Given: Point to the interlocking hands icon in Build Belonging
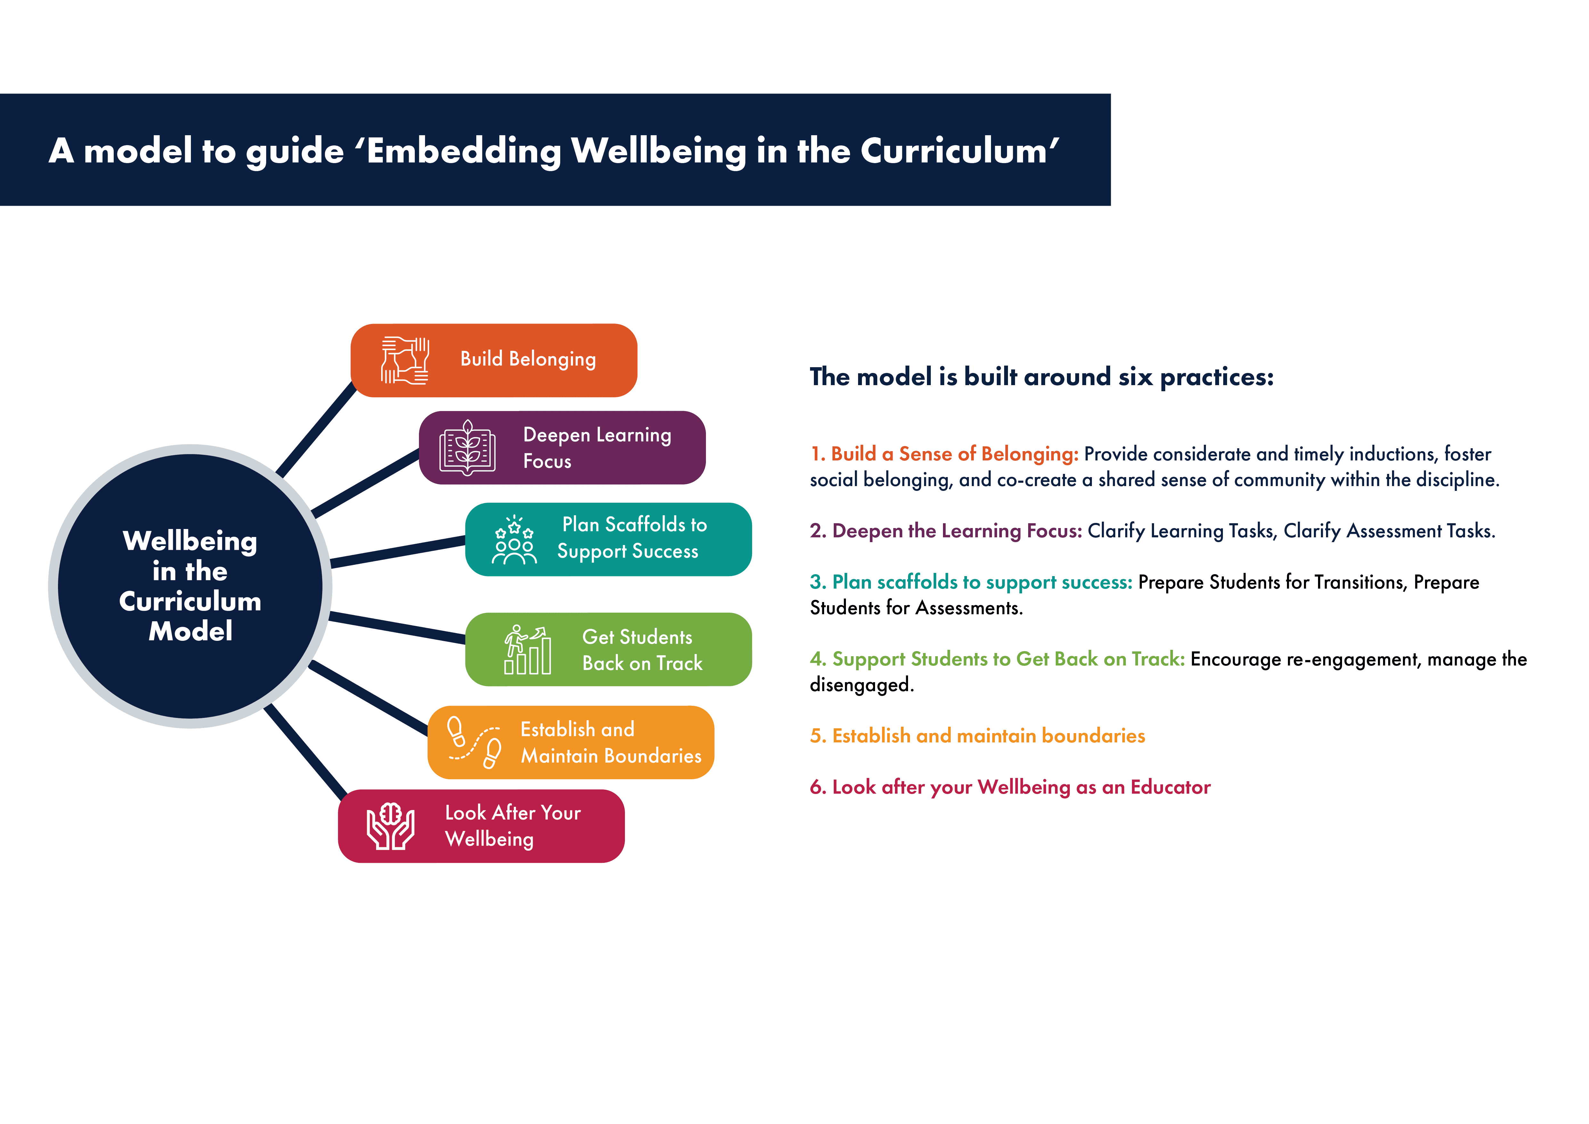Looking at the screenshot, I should [x=405, y=360].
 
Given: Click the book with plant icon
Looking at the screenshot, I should [x=468, y=448].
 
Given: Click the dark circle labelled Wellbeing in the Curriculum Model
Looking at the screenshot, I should [x=190, y=585].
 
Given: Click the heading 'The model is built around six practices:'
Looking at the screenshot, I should [x=1042, y=377].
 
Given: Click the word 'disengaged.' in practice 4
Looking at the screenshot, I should [x=862, y=685].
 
